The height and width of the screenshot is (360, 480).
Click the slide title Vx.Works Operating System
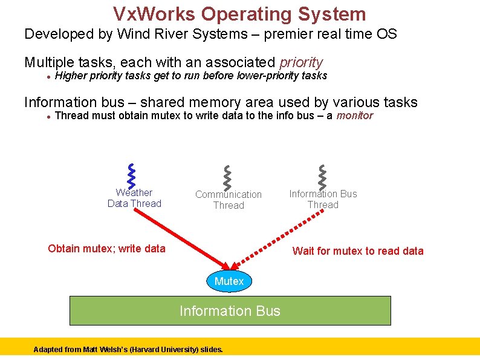pos(239,14)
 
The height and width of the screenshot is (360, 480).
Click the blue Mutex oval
pos(229,281)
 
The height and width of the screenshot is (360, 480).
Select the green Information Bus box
pos(230,311)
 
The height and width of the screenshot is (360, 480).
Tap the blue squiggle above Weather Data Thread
pos(131,175)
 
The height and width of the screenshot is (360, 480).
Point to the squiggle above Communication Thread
pos(227,176)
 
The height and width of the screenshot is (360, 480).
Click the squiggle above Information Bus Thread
pos(322,175)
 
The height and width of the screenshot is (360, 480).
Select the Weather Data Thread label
pos(134,198)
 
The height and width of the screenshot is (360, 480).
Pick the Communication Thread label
pos(229,200)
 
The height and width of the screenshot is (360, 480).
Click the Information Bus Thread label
pos(323,199)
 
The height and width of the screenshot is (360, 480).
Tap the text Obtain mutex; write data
pos(106,248)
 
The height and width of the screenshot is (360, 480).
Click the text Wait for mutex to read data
pos(358,251)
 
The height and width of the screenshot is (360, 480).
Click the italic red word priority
pos(301,62)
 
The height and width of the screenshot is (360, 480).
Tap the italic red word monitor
pos(354,116)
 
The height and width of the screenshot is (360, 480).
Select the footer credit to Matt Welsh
pos(128,350)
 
